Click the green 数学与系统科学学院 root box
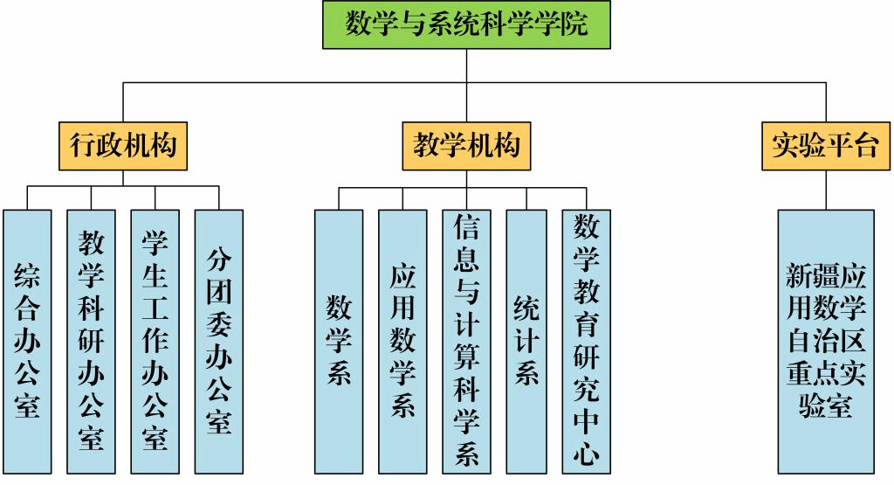pos(466,24)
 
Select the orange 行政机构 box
pos(122,145)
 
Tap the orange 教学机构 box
pos(466,145)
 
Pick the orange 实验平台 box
pos(825,145)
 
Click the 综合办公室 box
pos(27,341)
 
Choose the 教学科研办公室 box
pos(91,341)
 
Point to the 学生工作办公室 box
pos(155,341)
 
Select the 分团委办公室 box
pos(219,341)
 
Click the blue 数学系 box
pos(339,341)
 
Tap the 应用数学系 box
pos(402,341)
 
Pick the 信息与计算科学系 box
pos(466,341)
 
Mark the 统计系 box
pos(526,341)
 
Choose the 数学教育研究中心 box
pos(587,341)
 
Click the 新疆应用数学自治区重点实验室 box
pos(825,341)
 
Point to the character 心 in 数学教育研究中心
pos(587,454)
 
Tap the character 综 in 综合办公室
pos(27,277)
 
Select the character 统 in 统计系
pos(526,308)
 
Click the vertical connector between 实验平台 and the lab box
pos(825,189)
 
